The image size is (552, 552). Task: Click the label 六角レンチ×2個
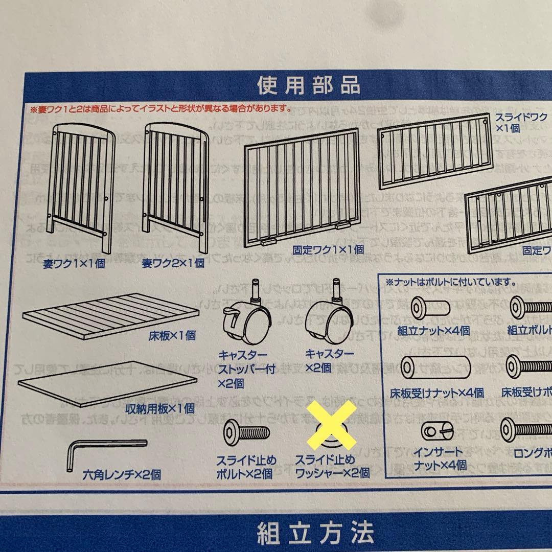[121, 474]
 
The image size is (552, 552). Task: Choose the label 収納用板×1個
[159, 408]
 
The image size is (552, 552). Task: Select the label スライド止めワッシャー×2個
[332, 466]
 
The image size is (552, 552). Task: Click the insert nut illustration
[438, 431]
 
